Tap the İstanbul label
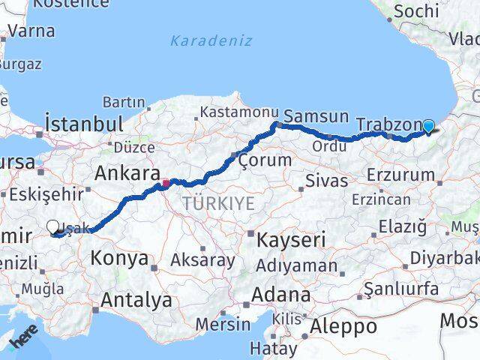coord(83,123)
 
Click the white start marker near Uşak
coord(53,226)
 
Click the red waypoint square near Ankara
coord(166,181)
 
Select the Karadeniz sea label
coord(211,40)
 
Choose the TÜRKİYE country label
coord(218,203)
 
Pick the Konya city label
coord(118,259)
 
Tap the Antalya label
coord(136,300)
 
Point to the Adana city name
coord(281,293)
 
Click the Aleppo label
coord(343,326)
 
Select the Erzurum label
coord(401,175)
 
